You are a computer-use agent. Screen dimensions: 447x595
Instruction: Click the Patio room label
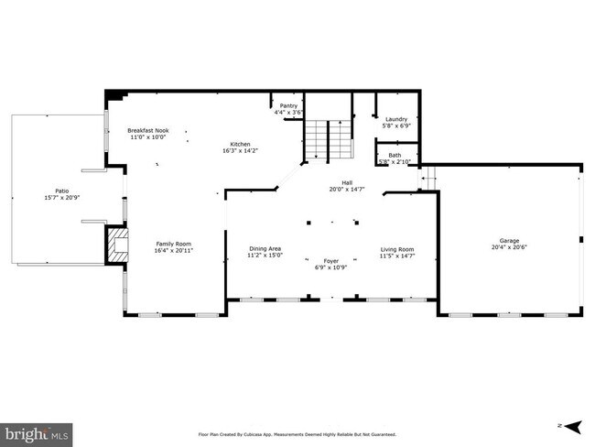click(56, 191)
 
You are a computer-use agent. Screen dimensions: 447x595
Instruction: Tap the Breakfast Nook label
click(147, 131)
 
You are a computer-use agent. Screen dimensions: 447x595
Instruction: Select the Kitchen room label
click(240, 145)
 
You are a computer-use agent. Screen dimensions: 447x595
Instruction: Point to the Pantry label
click(288, 106)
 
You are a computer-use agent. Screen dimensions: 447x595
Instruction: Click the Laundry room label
click(395, 119)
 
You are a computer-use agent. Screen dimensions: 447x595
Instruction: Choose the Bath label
click(395, 155)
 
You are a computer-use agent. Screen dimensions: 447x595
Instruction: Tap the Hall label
click(347, 183)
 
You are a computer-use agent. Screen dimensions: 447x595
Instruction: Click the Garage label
click(509, 240)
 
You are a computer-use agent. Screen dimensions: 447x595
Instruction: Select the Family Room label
click(173, 243)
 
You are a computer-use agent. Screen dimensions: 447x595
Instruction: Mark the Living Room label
click(397, 248)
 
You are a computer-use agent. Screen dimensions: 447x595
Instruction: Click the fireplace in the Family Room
click(115, 245)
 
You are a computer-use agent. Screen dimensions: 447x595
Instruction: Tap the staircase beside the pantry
click(329, 139)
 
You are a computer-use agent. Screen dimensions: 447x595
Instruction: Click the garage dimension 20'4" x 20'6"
click(509, 247)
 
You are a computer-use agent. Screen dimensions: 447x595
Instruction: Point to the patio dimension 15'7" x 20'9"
click(56, 198)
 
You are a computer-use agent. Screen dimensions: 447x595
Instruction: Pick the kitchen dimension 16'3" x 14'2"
click(240, 151)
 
